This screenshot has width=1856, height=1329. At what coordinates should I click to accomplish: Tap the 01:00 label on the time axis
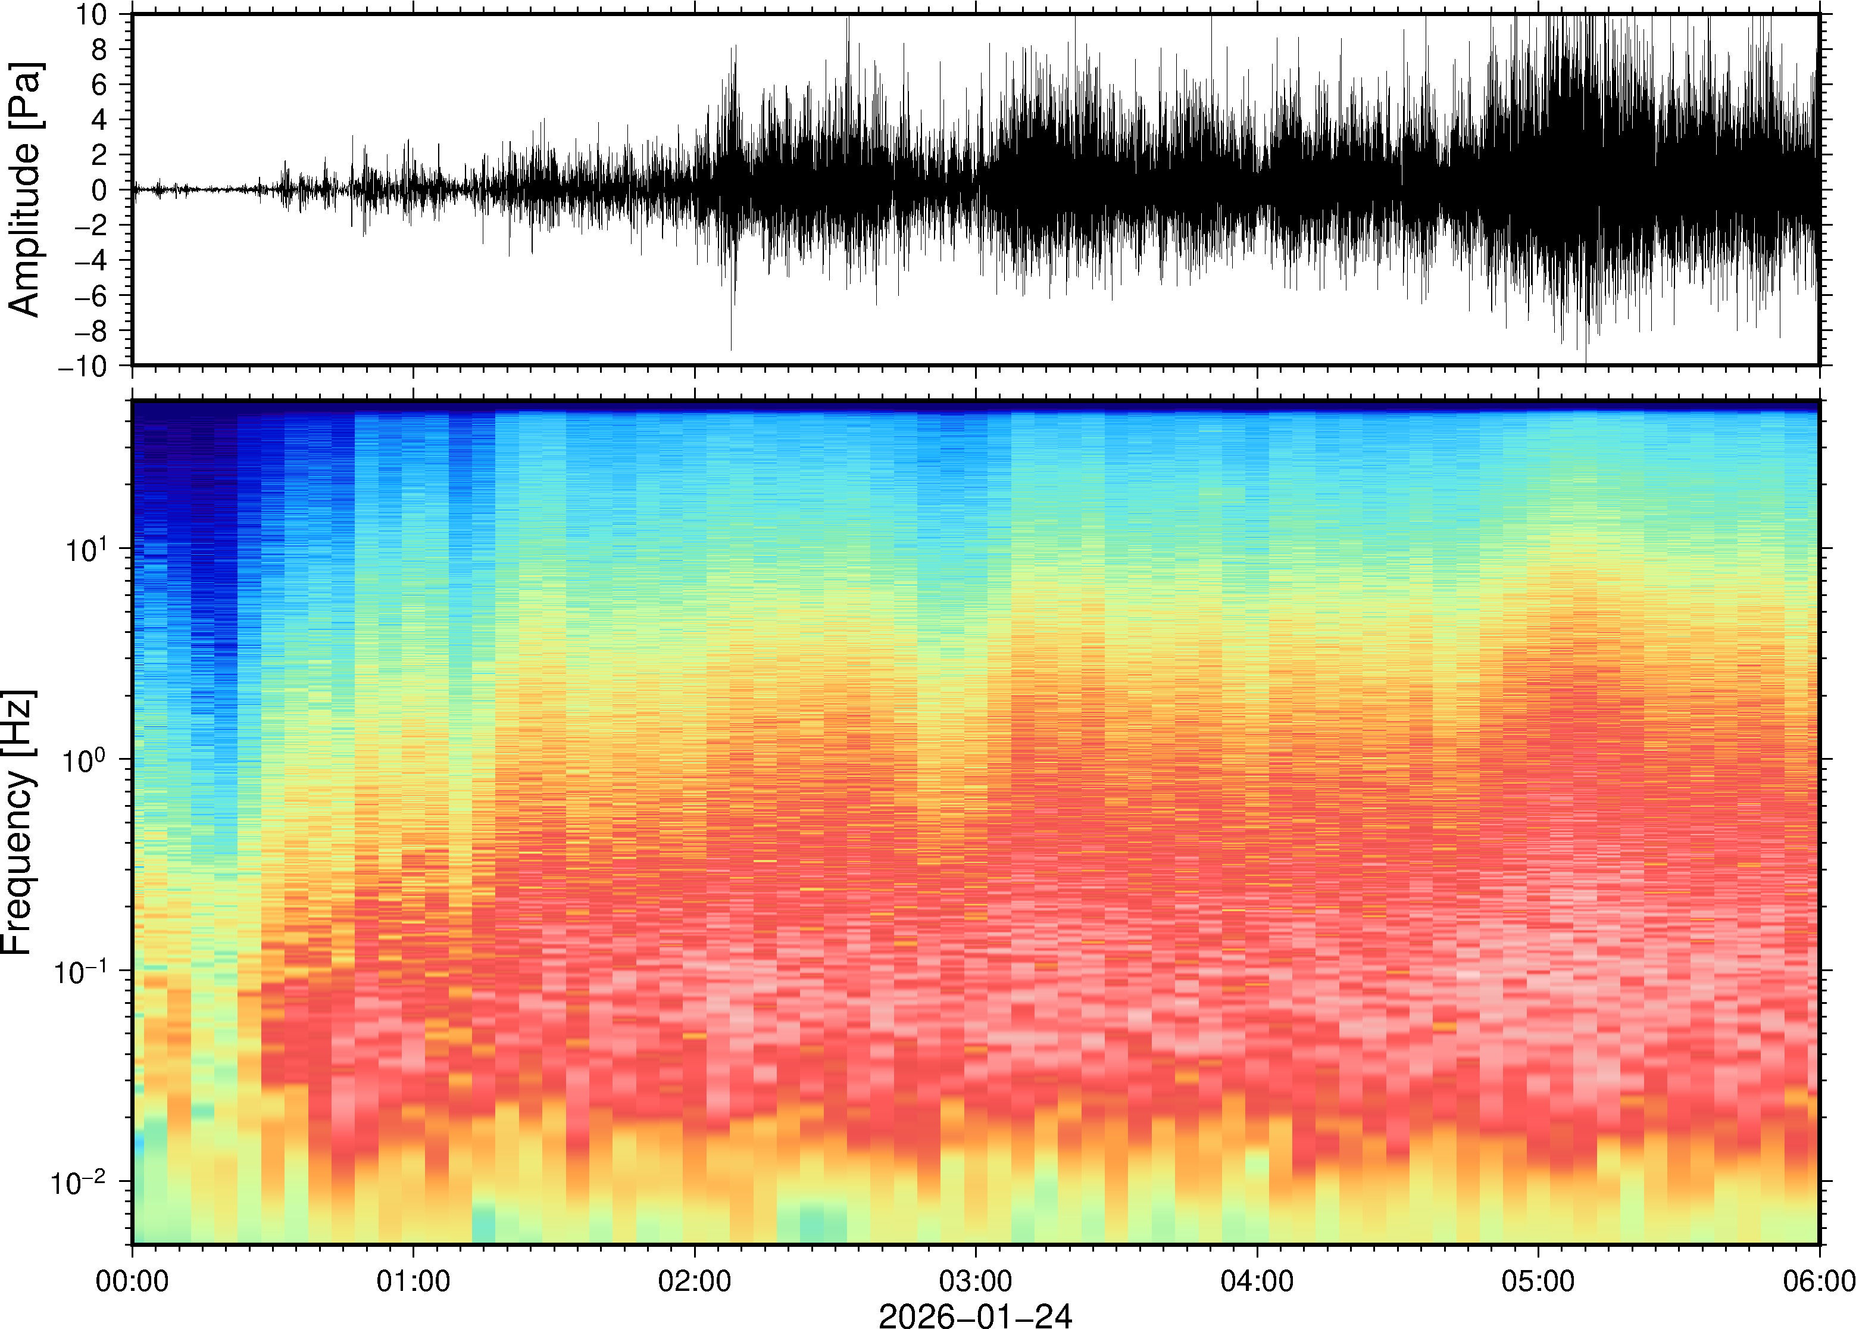tap(413, 1280)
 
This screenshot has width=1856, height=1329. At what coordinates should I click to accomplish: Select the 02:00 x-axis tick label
tap(695, 1280)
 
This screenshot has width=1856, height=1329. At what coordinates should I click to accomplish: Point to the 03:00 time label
tap(975, 1280)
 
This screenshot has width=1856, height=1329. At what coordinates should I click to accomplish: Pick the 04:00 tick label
tap(1257, 1280)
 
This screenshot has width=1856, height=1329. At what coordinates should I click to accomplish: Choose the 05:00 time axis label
tap(1538, 1280)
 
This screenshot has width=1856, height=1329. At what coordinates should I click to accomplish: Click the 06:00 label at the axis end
tap(1818, 1280)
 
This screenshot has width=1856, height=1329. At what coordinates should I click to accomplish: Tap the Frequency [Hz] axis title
tap(18, 822)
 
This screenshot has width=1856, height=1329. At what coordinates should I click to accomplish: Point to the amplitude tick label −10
tap(83, 366)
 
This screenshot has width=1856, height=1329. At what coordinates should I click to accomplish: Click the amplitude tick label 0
tap(100, 190)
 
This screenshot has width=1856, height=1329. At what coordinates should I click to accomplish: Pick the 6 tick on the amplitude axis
tap(100, 85)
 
